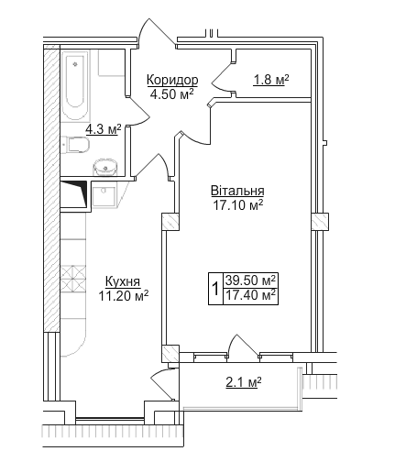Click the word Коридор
coord(173,80)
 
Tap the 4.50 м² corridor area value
coord(173,93)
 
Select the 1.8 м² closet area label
coord(270,81)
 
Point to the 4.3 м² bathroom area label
coord(103,130)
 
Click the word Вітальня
coord(237,192)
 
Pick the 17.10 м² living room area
coord(237,205)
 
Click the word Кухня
coord(123,281)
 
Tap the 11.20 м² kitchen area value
coord(123,295)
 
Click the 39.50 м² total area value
coord(251,280)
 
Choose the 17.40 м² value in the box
coord(251,295)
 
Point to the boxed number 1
coord(214,288)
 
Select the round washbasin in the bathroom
coord(106,166)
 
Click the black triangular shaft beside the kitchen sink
coord(75,192)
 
